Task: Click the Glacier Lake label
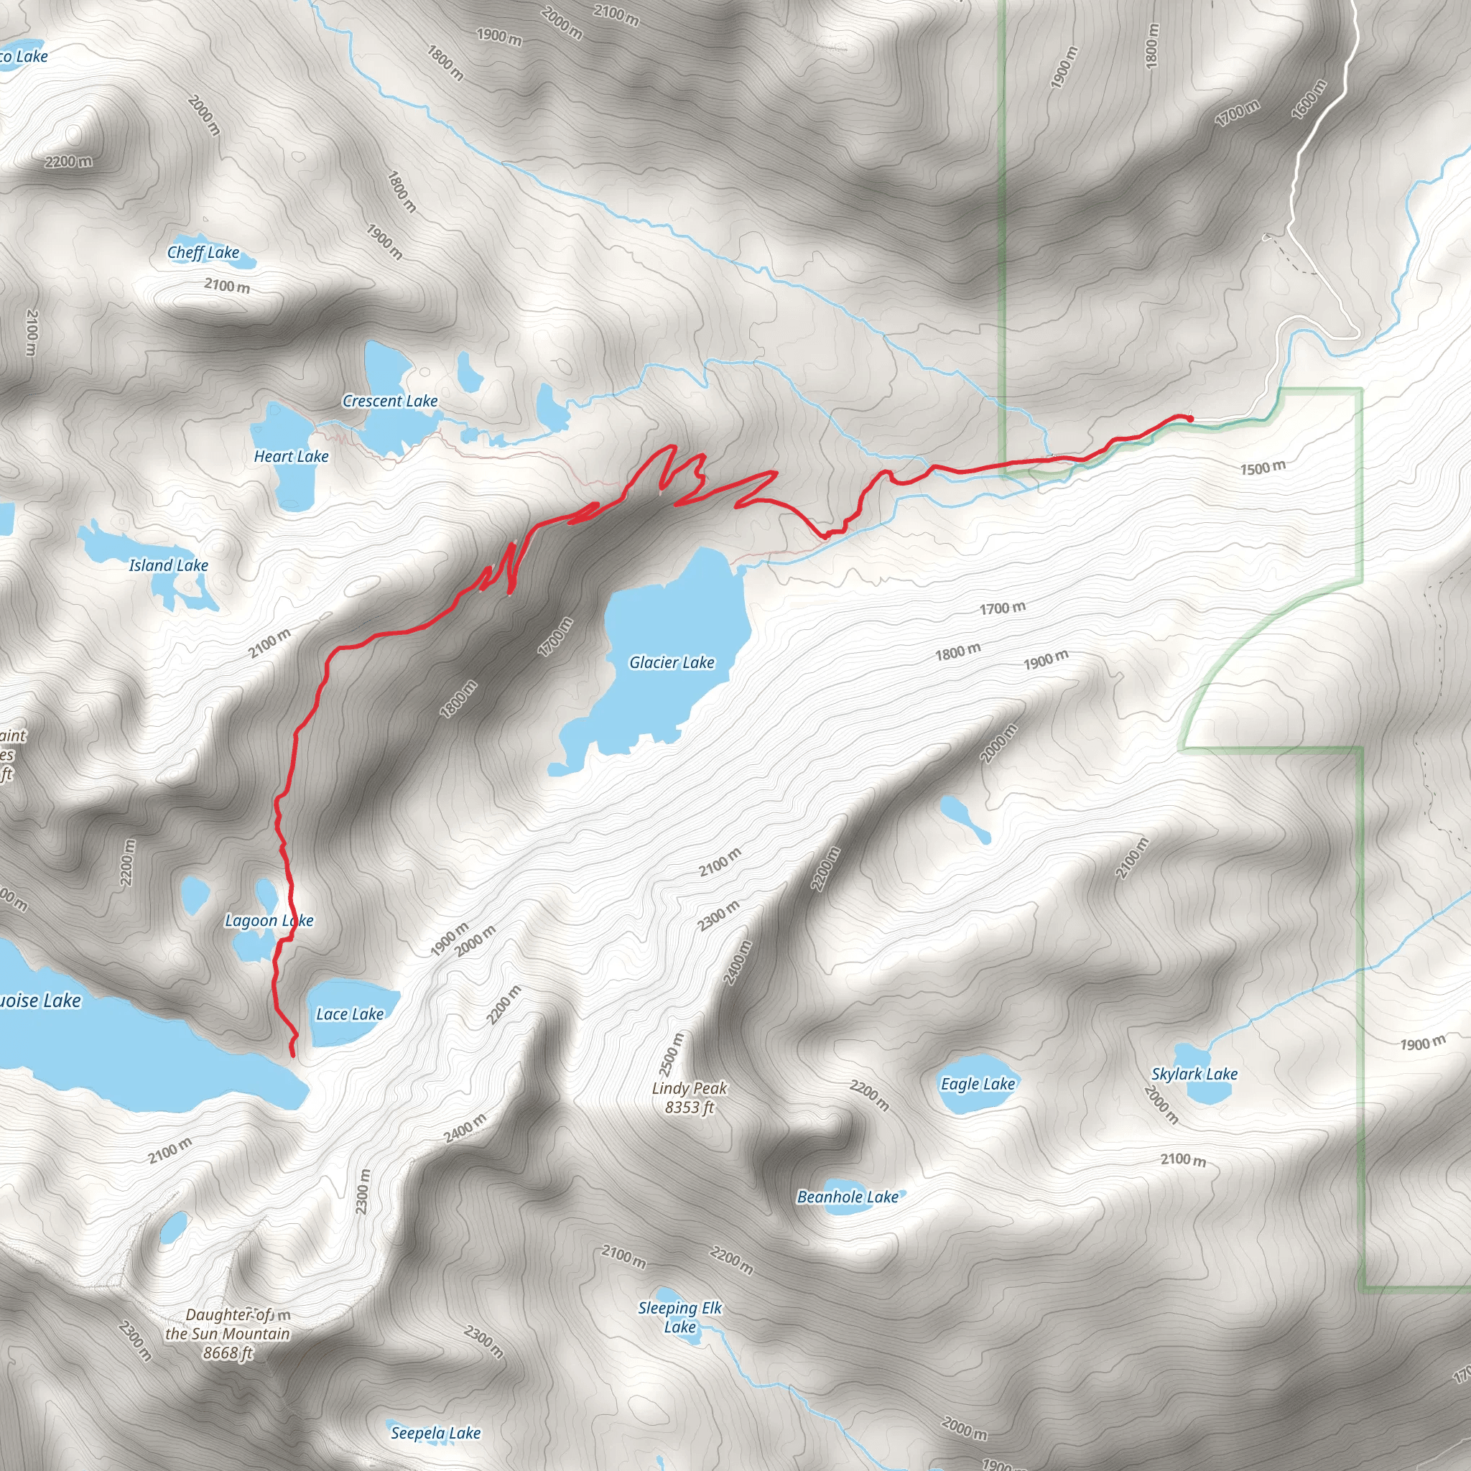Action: tap(672, 662)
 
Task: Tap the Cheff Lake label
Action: tap(203, 252)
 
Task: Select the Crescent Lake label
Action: tap(390, 401)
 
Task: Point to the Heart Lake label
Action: tap(291, 456)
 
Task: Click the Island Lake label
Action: tap(168, 565)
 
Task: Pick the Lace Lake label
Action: tap(350, 1013)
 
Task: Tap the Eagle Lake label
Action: tap(978, 1083)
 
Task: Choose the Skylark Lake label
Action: tap(1194, 1074)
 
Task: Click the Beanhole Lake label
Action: tap(848, 1197)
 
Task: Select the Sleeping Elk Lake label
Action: tap(679, 1317)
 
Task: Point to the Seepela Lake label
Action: tap(435, 1433)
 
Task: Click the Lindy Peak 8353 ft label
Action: tap(689, 1098)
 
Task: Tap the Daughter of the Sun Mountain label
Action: tap(228, 1334)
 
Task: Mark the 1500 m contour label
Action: tap(1263, 468)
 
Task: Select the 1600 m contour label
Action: tap(1309, 100)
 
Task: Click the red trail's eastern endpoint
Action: tap(1190, 418)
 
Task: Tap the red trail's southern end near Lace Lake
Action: tap(293, 1054)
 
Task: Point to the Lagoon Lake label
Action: tap(269, 921)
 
